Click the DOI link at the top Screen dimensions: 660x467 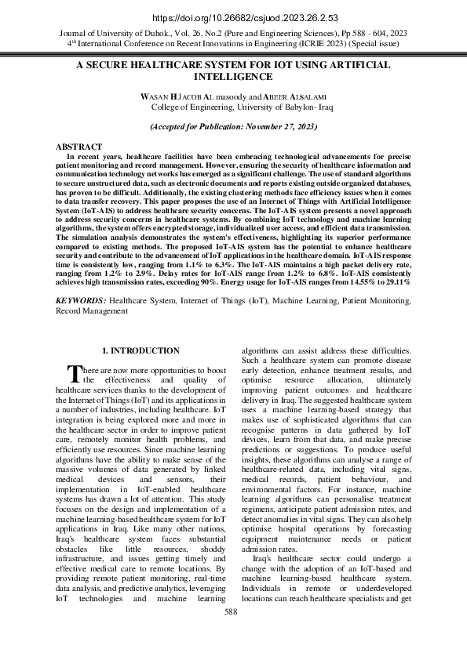coord(233,17)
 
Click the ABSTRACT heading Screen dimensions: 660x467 coord(78,147)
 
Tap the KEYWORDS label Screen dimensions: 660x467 coord(81,301)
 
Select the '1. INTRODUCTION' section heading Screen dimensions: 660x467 coord(141,350)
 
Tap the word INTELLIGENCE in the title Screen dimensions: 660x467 coord(233,78)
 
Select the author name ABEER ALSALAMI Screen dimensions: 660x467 coord(294,96)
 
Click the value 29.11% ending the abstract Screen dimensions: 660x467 coord(396,281)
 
